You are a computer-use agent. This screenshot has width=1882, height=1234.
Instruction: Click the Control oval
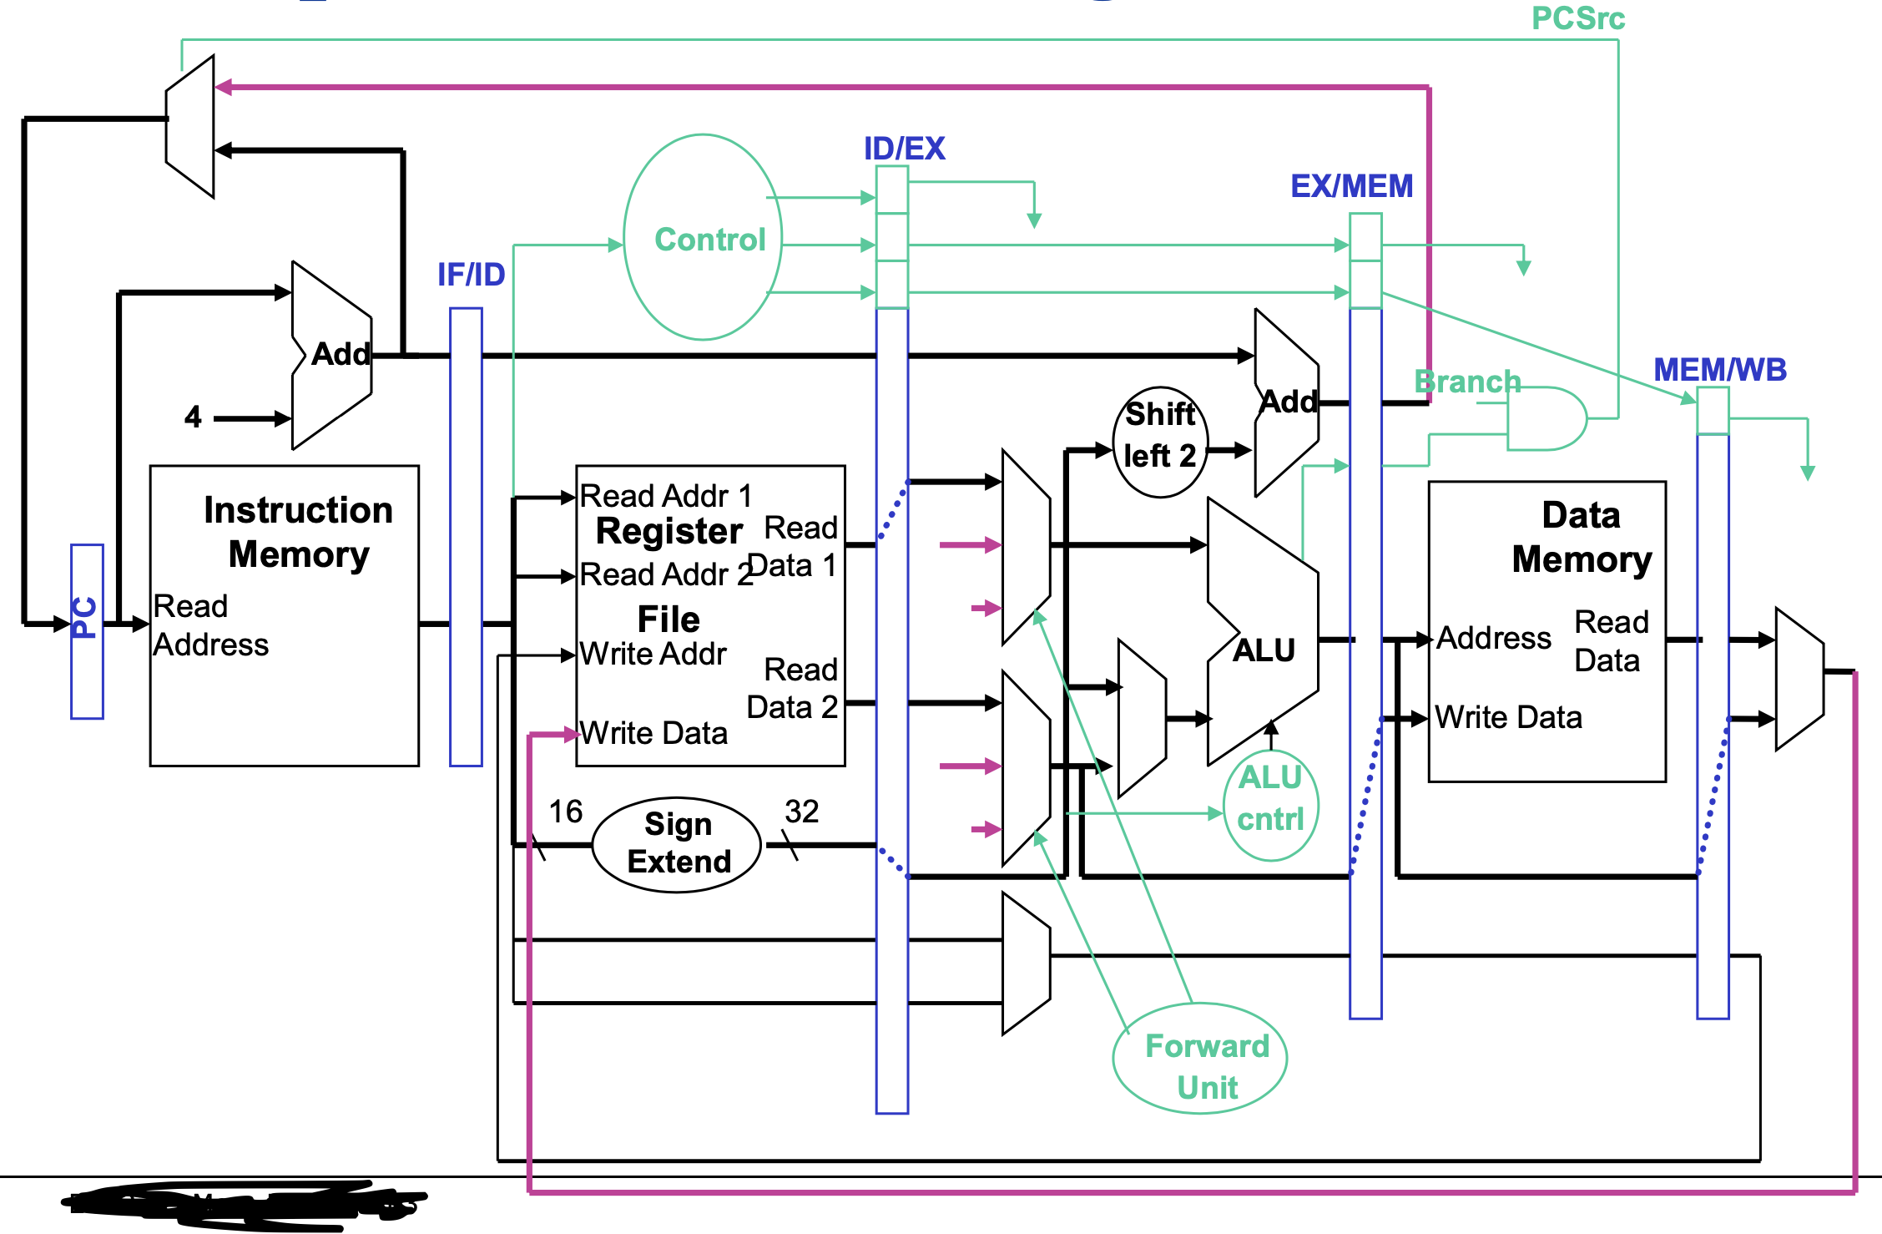pyautogui.click(x=703, y=238)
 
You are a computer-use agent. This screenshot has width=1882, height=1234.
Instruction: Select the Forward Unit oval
pyautogui.click(x=1200, y=1059)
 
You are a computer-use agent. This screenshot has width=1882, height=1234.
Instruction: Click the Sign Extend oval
pyautogui.click(x=677, y=844)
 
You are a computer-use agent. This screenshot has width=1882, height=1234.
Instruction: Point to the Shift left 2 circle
pyautogui.click(x=1160, y=442)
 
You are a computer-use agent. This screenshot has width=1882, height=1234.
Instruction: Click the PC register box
pyautogui.click(x=87, y=631)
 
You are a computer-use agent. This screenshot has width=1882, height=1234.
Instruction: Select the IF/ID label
pyautogui.click(x=471, y=275)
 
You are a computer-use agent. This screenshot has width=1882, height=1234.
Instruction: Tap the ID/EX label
pyautogui.click(x=904, y=149)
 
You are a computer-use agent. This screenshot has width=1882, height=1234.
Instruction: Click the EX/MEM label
pyautogui.click(x=1351, y=185)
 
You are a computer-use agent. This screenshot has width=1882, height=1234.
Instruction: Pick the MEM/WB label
pyautogui.click(x=1719, y=369)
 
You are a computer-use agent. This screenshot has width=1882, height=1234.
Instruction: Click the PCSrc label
pyautogui.click(x=1577, y=18)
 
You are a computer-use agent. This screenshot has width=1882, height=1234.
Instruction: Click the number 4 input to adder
pyautogui.click(x=193, y=417)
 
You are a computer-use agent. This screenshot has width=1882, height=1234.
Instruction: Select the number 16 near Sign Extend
pyautogui.click(x=565, y=812)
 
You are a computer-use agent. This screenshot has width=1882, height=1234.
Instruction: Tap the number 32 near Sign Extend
pyautogui.click(x=801, y=812)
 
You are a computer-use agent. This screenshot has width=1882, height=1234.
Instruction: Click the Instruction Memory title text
pyautogui.click(x=298, y=532)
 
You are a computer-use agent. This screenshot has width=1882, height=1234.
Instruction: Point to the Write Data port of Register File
pyautogui.click(x=653, y=733)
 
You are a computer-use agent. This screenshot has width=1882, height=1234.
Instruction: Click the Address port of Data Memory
pyautogui.click(x=1493, y=638)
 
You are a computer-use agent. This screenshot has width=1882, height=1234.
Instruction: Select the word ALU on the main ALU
pyautogui.click(x=1264, y=650)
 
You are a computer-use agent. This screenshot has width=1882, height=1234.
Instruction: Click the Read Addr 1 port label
pyautogui.click(x=665, y=496)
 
